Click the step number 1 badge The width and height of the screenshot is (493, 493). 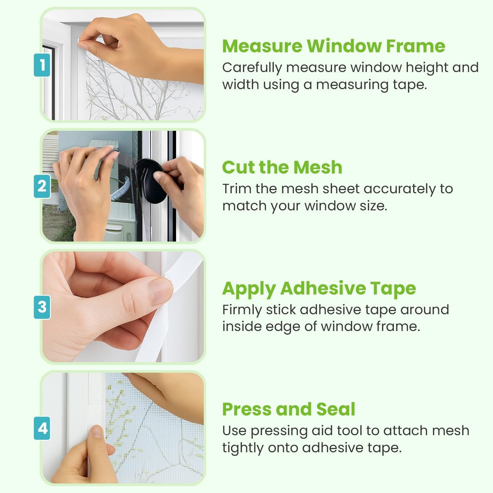coord(42,65)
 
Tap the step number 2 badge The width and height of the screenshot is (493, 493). coord(42,186)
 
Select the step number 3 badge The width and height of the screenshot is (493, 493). coord(42,307)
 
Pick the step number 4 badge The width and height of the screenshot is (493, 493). coord(42,428)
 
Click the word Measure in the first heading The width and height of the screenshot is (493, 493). coord(262,46)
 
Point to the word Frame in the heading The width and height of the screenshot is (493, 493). coord(416,46)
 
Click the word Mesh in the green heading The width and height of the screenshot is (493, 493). coord(318,167)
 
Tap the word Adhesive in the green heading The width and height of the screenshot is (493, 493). coord(323,288)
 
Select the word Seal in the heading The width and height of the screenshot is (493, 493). coord(336,409)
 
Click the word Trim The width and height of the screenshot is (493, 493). coord(237,189)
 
